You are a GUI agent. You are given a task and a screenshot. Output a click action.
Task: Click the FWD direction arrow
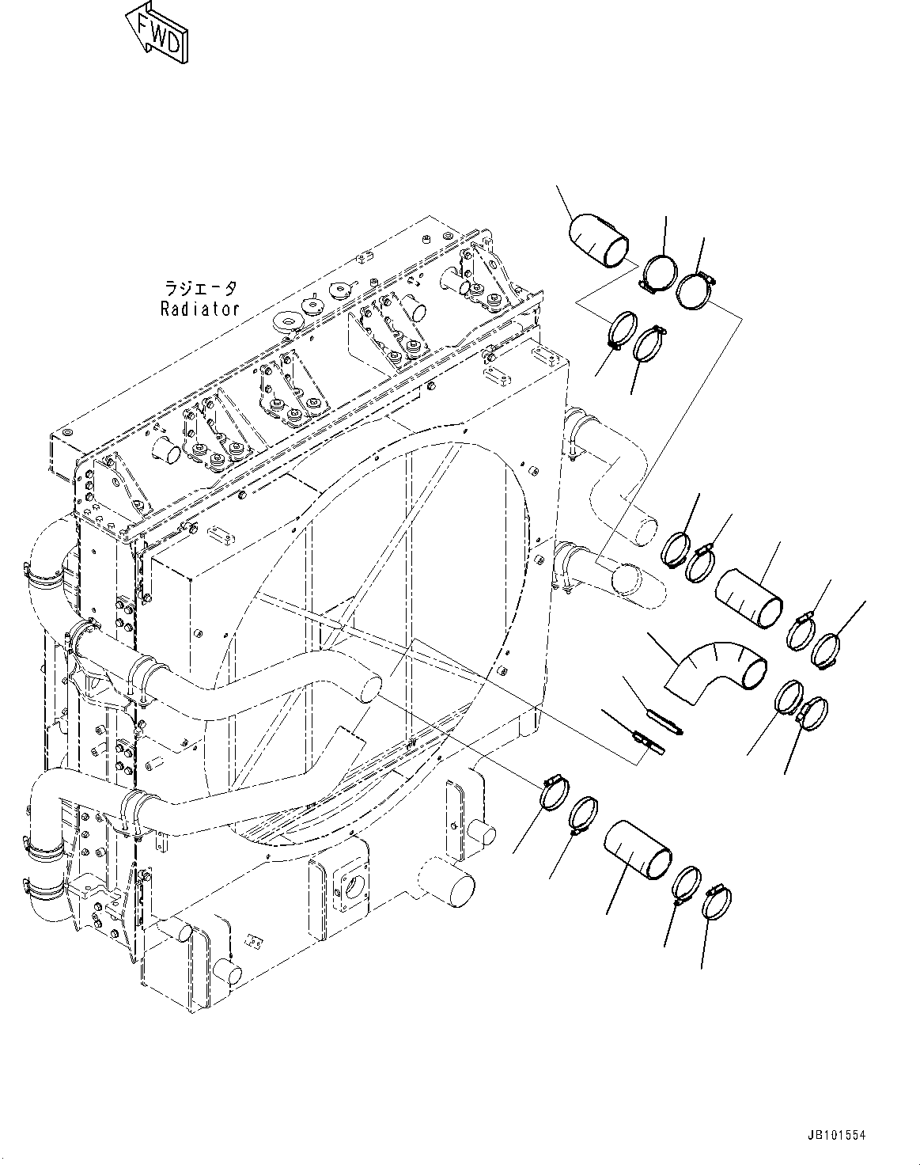click(159, 31)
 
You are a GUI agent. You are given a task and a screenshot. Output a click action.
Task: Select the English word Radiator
click(199, 309)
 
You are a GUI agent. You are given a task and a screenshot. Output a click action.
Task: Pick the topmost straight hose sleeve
click(600, 240)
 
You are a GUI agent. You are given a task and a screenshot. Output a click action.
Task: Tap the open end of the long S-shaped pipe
click(369, 685)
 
